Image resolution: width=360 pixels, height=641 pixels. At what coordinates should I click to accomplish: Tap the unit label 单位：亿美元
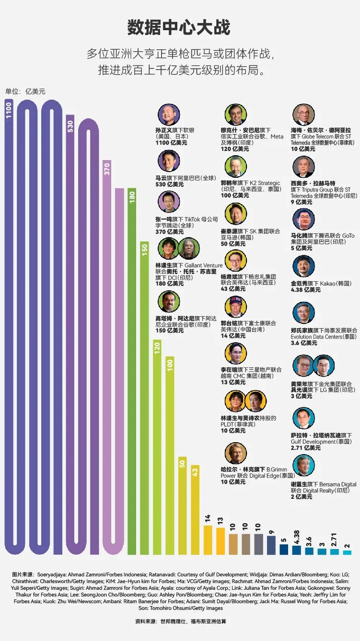pos(25,92)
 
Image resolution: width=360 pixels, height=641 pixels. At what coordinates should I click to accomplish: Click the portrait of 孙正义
pos(168,115)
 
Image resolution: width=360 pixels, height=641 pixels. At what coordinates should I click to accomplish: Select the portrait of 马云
pos(168,161)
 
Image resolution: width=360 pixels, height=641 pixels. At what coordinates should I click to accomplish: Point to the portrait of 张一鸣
pos(168,203)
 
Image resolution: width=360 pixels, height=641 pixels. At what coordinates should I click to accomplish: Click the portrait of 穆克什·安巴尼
pos(236,115)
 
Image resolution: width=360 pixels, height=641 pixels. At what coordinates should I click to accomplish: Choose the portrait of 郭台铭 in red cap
pos(236,307)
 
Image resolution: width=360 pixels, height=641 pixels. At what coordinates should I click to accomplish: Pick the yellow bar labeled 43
pos(195,508)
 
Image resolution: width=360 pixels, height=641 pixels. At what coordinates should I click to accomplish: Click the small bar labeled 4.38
pos(297,549)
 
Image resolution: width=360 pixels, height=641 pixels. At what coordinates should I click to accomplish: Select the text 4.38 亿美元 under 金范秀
pos(305,290)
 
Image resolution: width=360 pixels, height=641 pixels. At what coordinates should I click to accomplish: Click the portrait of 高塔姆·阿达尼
pos(168,302)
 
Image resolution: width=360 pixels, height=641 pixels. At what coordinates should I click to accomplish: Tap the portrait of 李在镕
pos(236,354)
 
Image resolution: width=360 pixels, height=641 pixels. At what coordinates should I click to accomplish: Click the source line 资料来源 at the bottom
pos(180,622)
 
